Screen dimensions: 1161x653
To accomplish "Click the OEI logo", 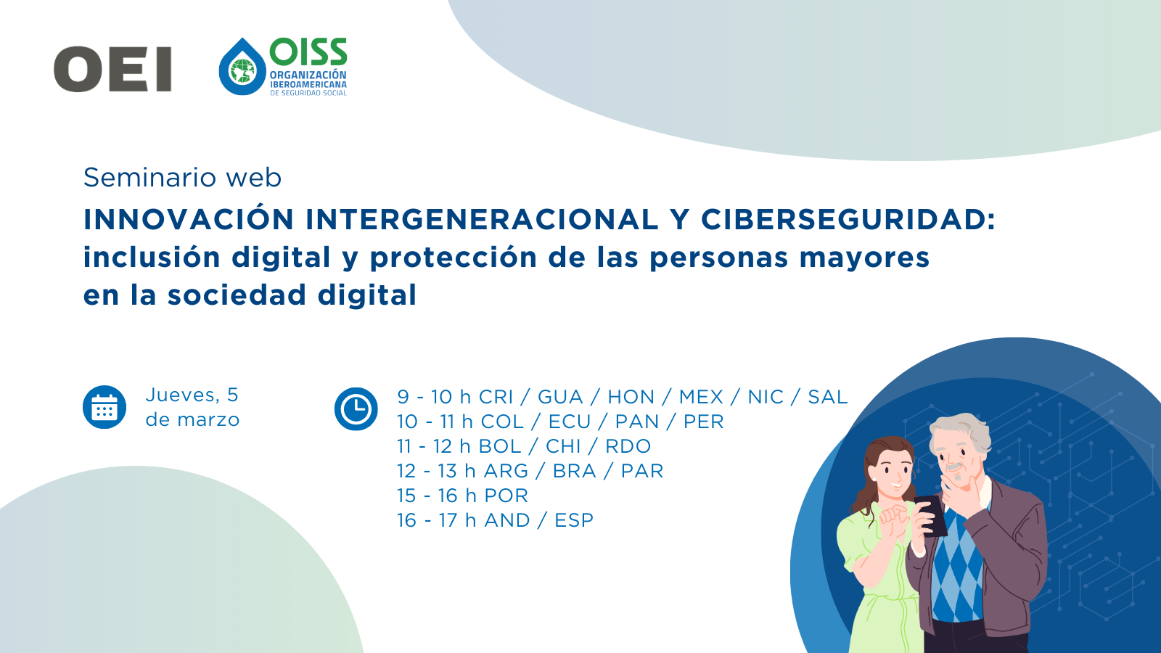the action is [x=112, y=69].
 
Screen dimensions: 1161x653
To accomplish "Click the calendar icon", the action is [x=104, y=407].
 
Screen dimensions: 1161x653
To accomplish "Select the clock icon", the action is [x=356, y=408].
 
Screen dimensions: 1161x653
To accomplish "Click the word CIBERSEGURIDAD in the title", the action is [x=848, y=219].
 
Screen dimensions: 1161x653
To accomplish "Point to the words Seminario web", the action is [x=182, y=178].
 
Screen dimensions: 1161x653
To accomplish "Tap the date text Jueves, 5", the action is [x=192, y=395].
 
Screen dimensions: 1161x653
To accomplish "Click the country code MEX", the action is [x=701, y=397].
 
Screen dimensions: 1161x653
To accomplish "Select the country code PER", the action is [x=703, y=422].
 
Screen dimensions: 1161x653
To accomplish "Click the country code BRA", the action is [x=574, y=471].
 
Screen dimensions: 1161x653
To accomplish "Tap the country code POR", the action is [x=506, y=496].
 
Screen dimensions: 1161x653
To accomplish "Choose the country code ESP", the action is [x=574, y=520].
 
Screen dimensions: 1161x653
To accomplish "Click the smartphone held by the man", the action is [x=931, y=516].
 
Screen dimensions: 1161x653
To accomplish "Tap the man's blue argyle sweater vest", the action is [x=958, y=565].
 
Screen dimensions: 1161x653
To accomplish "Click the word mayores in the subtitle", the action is [x=864, y=258].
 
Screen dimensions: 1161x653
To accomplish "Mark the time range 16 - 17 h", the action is [x=436, y=520].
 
